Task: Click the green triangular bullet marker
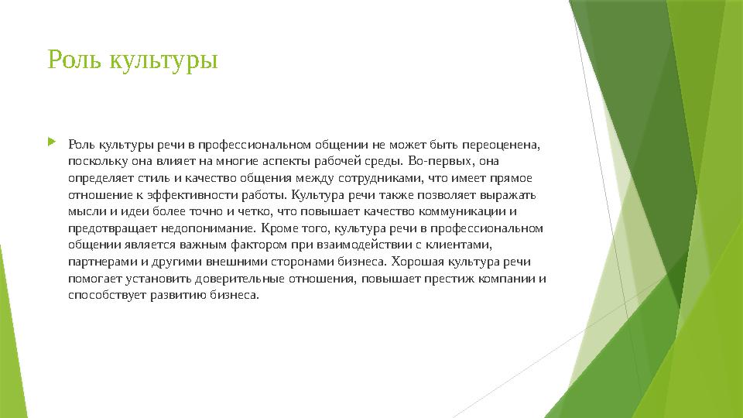pos(52,142)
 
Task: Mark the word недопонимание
pos(211,228)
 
